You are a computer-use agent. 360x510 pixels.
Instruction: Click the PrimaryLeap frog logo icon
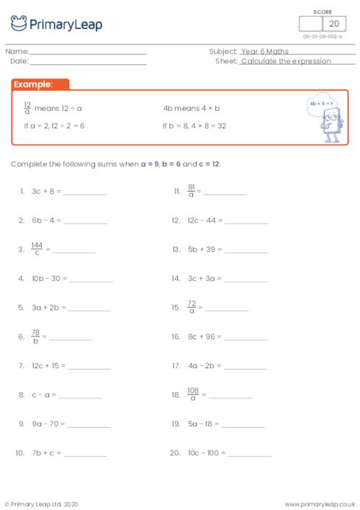pos(18,24)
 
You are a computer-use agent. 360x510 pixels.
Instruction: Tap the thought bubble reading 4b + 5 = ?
pos(320,103)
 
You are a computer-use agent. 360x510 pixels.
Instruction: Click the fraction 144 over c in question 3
pos(37,249)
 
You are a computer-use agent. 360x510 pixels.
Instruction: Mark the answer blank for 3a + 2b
pos(90,309)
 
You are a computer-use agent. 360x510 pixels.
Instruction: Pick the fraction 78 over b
pos(35,336)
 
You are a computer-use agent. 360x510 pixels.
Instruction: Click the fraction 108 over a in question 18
pos(192,395)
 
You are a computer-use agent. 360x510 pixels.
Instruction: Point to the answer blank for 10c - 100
pos(251,455)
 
